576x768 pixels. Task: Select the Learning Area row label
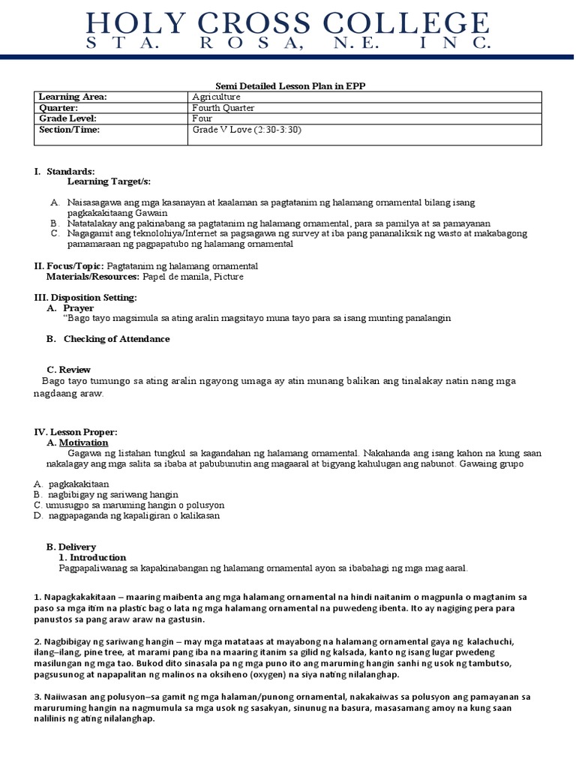73,97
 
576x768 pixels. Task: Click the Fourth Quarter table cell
224,107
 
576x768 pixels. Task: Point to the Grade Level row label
69,118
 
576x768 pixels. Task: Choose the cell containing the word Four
202,118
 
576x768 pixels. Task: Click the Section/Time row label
69,129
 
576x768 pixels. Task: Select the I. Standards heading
64,172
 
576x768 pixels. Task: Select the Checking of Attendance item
116,339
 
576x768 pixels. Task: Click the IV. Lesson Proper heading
76,433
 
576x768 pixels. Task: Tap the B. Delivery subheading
76,547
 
